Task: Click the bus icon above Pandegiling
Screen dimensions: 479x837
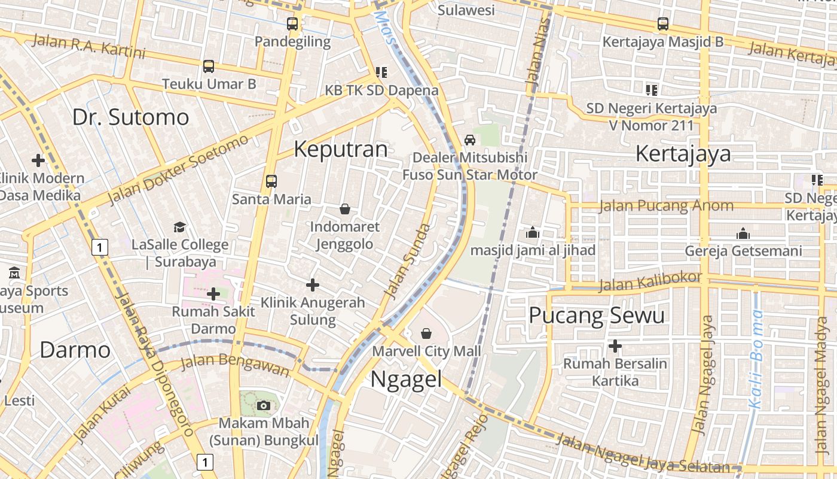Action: pos(292,24)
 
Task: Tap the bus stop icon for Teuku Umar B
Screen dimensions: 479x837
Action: pos(209,66)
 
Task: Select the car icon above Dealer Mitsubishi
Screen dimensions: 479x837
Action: pos(470,140)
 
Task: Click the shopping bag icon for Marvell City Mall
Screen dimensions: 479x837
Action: pos(426,333)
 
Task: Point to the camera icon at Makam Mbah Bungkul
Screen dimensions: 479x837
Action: pos(263,405)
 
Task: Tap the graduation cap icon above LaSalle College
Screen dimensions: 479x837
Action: pos(179,227)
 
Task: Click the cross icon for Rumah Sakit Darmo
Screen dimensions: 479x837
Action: pos(213,293)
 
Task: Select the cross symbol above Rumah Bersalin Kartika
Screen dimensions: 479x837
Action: pos(615,346)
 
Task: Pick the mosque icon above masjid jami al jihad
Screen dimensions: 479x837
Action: pos(532,232)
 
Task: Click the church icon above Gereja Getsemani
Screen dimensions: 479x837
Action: pos(743,233)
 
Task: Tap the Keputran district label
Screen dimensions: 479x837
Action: pos(341,149)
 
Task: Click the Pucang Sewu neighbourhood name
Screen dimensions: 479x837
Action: pos(597,315)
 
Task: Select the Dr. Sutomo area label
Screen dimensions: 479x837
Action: pos(130,117)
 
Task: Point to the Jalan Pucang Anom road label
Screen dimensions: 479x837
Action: pos(666,206)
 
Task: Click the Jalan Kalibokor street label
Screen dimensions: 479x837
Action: pos(650,281)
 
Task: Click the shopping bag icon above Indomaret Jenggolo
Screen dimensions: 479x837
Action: pos(345,209)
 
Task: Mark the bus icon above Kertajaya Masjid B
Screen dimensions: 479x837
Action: pos(663,24)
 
